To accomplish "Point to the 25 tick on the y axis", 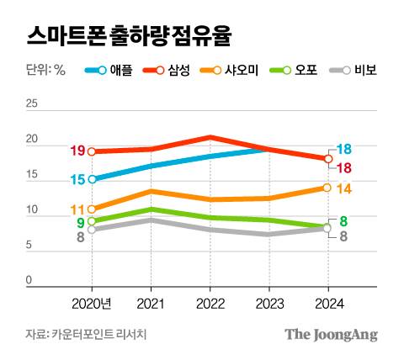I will tap(32, 104).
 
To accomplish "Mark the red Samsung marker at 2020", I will tap(92, 151).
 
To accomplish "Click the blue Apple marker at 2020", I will tap(92, 179).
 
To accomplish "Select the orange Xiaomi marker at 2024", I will tap(327, 188).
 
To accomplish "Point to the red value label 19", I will tap(77, 151).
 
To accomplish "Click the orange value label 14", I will tap(343, 188).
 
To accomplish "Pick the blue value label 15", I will tap(77, 180).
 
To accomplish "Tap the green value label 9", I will tap(81, 223).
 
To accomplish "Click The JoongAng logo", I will tap(330, 334).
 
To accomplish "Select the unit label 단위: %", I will tap(46, 71).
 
